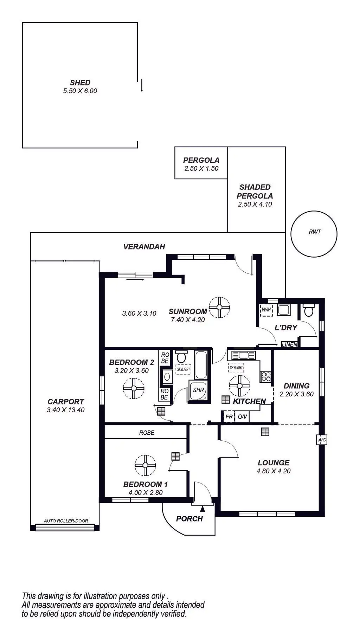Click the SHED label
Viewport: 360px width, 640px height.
tap(80, 83)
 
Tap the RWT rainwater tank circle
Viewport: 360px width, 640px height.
tap(314, 234)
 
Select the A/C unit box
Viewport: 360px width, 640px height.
tap(322, 440)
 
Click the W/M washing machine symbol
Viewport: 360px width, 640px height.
tap(266, 310)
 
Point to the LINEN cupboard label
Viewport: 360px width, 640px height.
tap(290, 344)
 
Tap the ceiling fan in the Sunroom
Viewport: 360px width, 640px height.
tap(219, 307)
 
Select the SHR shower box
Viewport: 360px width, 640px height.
tap(198, 390)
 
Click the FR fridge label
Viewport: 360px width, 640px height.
tap(229, 417)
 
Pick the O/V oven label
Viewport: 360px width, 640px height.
tap(242, 417)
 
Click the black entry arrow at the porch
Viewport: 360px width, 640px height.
tap(202, 508)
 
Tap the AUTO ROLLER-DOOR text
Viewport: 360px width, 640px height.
tap(66, 521)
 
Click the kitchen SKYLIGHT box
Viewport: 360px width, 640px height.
tap(236, 368)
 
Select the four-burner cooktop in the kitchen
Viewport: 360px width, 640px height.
tap(265, 377)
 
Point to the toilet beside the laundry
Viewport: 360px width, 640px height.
tap(309, 311)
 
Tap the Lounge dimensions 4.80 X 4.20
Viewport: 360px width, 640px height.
tap(274, 471)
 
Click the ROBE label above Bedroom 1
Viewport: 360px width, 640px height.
tap(147, 433)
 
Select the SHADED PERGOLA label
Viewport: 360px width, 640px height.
tap(255, 192)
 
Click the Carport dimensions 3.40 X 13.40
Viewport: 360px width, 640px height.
tap(66, 410)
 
